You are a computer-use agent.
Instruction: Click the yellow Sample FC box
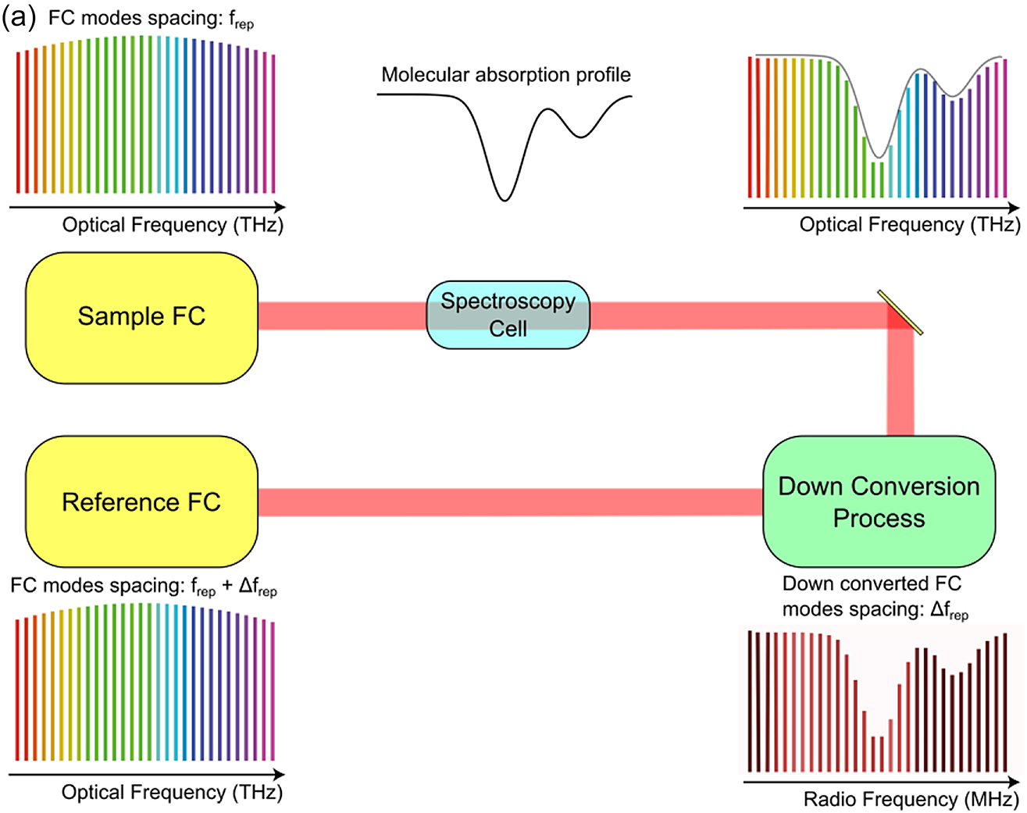click(x=141, y=317)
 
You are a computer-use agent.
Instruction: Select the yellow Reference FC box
click(x=141, y=501)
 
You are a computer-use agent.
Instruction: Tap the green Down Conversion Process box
click(x=879, y=501)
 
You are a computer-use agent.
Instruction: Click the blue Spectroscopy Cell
click(x=508, y=315)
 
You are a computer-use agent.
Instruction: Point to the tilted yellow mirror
click(x=900, y=312)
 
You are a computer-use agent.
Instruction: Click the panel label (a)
click(x=19, y=17)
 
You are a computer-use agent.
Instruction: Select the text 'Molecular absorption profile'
click(x=505, y=75)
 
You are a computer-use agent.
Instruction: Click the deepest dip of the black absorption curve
click(x=505, y=199)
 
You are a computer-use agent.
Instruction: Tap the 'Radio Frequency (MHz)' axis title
click(x=911, y=800)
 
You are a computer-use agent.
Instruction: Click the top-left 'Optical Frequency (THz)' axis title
click(x=173, y=225)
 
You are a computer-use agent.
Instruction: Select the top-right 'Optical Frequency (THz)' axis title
click(x=909, y=225)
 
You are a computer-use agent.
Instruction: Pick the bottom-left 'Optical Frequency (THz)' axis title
click(x=172, y=792)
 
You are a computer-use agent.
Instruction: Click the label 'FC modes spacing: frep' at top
click(x=151, y=20)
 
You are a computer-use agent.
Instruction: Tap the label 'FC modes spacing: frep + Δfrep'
click(x=144, y=587)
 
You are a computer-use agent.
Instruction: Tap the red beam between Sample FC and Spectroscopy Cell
click(x=341, y=316)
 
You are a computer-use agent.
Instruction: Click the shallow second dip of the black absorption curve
click(x=580, y=137)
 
